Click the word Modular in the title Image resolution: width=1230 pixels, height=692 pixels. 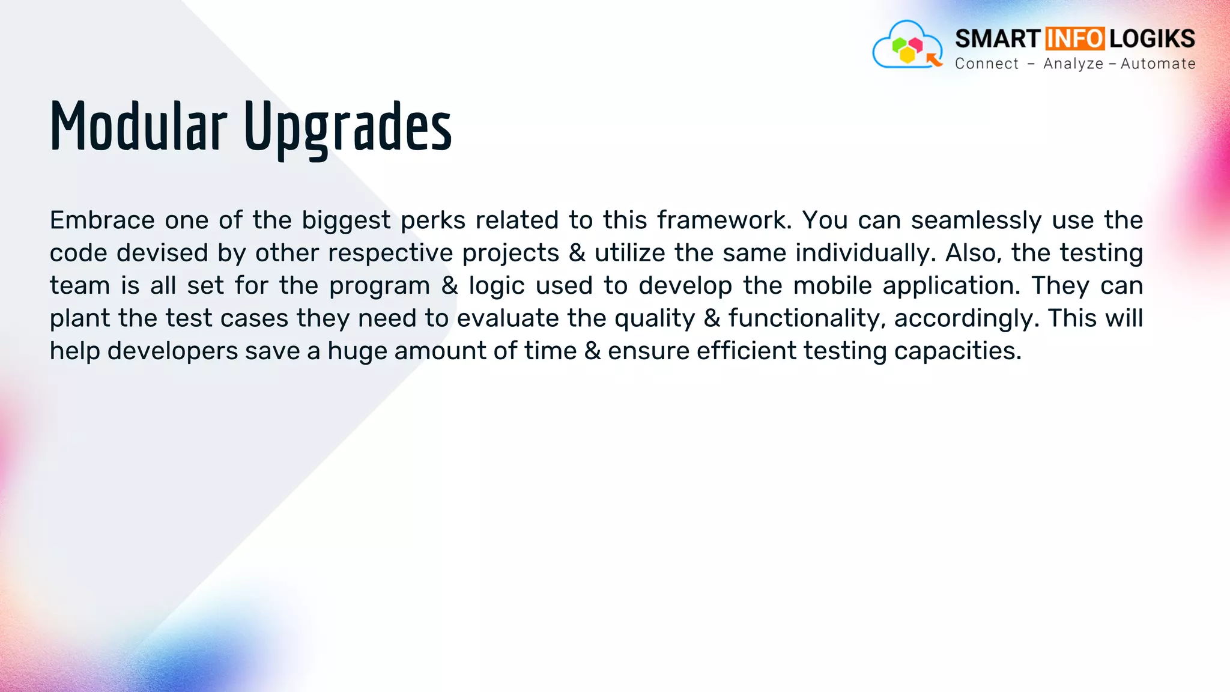point(138,127)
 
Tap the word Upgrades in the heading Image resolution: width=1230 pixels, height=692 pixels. point(348,128)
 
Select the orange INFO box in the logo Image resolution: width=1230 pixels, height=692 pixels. point(1074,38)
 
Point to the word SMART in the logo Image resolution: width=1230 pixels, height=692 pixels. point(998,38)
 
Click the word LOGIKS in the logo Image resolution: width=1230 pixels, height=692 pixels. point(1152,38)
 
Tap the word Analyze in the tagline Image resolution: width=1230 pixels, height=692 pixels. point(1073,64)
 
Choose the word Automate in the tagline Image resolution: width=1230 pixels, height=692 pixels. point(1158,64)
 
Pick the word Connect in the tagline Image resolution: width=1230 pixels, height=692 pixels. point(987,64)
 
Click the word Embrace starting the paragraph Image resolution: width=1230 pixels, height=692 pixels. point(102,220)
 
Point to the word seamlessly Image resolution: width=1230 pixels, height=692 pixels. point(976,221)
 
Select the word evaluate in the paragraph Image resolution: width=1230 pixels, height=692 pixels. point(508,318)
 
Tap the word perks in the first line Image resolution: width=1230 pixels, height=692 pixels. point(433,221)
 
